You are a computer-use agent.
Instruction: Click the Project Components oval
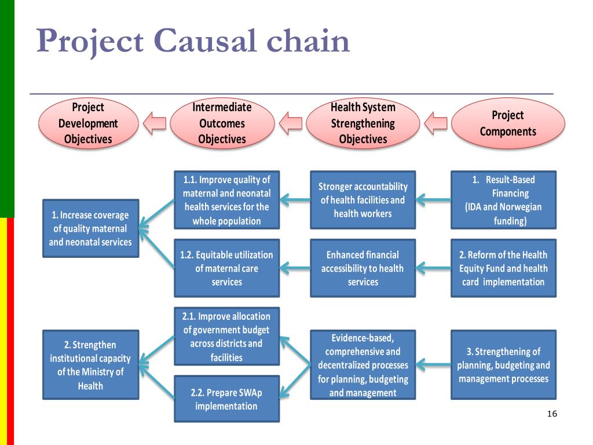tap(508, 123)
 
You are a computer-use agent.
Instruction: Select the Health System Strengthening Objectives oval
tap(363, 123)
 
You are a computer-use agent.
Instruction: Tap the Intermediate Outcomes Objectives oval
tap(222, 123)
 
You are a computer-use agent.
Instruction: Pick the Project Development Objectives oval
tap(89, 123)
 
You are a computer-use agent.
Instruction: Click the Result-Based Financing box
tap(503, 200)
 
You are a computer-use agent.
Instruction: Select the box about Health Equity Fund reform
tap(503, 268)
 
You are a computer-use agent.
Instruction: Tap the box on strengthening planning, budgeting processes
tap(503, 365)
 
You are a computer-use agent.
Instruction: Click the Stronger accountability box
tap(363, 200)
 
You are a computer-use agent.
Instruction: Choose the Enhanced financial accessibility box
tap(363, 268)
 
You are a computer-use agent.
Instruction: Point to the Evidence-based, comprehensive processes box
tap(363, 365)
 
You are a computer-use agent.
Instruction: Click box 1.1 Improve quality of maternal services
tap(226, 200)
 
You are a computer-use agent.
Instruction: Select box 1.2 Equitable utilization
tap(226, 268)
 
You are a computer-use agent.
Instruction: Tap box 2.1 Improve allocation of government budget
tap(226, 337)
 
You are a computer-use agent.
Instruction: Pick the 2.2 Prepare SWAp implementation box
tap(226, 399)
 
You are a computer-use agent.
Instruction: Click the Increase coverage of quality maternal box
tap(91, 228)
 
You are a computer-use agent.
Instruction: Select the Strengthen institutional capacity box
tap(91, 365)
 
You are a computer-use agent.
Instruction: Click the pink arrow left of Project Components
tap(435, 123)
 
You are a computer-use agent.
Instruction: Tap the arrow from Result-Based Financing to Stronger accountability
tap(433, 200)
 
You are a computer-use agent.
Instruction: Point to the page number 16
tap(552, 414)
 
